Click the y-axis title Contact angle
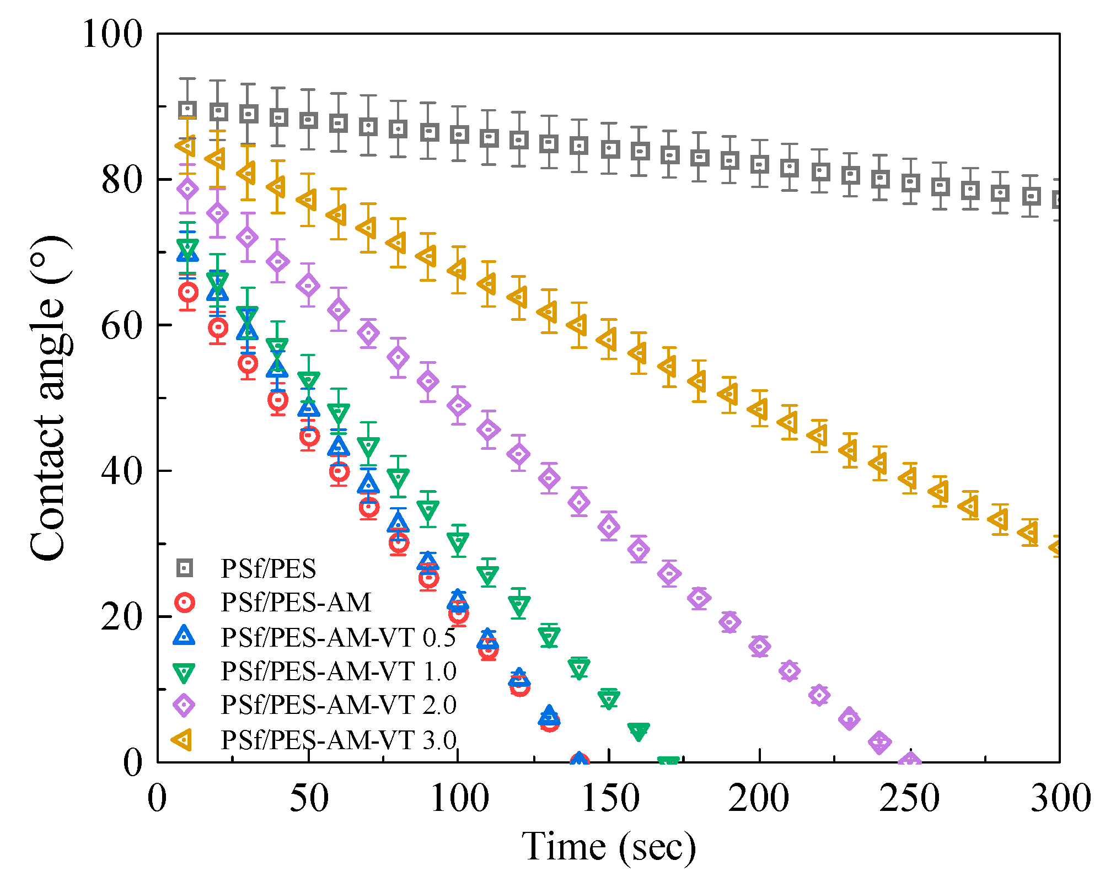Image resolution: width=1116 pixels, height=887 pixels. point(49,398)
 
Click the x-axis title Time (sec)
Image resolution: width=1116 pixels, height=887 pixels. point(609,847)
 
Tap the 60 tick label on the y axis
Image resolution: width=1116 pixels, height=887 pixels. point(122,325)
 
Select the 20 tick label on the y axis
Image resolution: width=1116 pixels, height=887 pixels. point(122,616)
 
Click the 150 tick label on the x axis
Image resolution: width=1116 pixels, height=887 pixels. point(609,798)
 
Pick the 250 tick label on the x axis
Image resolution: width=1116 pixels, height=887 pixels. point(910,798)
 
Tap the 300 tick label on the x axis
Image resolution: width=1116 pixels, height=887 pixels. point(1060,798)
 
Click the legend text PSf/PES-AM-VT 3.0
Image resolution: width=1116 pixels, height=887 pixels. point(339,740)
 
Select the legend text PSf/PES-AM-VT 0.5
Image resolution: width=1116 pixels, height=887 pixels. point(339,637)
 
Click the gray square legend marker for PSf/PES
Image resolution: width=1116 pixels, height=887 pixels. point(185,568)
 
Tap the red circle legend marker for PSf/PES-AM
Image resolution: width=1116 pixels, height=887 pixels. point(185,603)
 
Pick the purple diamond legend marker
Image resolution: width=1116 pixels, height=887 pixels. point(184,705)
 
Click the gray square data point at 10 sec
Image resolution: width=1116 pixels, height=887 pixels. point(188,110)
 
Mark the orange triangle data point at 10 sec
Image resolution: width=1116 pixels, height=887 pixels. point(186,147)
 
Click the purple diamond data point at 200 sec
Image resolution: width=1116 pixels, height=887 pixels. point(759,646)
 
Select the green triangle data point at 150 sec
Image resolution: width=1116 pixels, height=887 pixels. point(609,698)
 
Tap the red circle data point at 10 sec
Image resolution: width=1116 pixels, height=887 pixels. point(188,292)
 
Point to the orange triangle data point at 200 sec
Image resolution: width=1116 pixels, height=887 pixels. point(758,410)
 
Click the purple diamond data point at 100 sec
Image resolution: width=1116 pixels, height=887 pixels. point(458,406)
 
